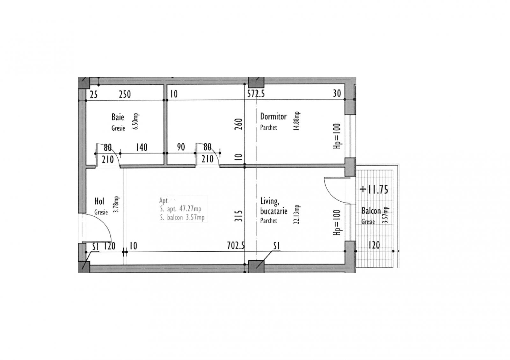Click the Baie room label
pyautogui.click(x=118, y=117)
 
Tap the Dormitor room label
pyautogui.click(x=273, y=116)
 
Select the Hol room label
pyautogui.click(x=99, y=201)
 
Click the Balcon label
pyautogui.click(x=371, y=211)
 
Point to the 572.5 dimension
pyautogui.click(x=256, y=93)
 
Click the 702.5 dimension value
pyautogui.click(x=236, y=246)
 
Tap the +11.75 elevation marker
pyautogui.click(x=374, y=190)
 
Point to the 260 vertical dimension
pyautogui.click(x=240, y=124)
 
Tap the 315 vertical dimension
pyautogui.click(x=240, y=216)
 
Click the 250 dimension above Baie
pyautogui.click(x=125, y=94)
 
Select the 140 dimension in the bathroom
pyautogui.click(x=142, y=147)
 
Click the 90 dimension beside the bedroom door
pyautogui.click(x=181, y=147)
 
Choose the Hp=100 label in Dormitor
pyautogui.click(x=338, y=136)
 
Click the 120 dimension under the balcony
pyautogui.click(x=374, y=245)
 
